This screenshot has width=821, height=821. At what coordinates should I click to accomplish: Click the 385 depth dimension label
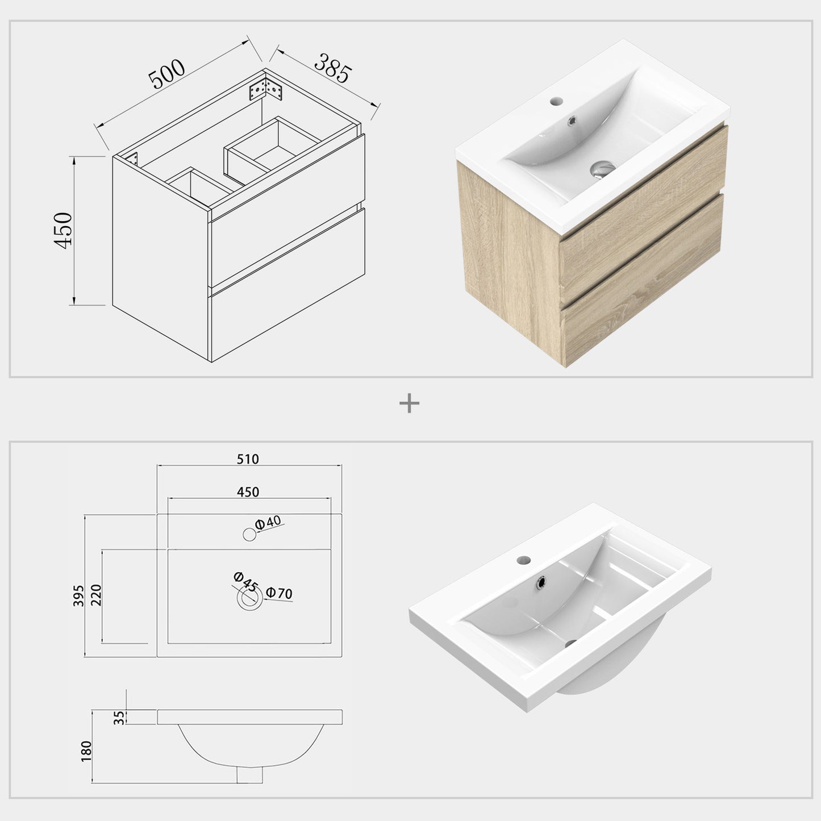coord(334,68)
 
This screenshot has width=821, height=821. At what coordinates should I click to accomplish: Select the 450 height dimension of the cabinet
coord(63,230)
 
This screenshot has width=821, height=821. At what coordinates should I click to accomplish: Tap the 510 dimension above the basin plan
coord(248,459)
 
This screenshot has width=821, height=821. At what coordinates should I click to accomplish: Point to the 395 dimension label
coord(79,595)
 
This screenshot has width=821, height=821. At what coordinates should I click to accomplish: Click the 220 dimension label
coord(96,596)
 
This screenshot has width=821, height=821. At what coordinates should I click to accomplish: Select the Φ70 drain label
coord(279,593)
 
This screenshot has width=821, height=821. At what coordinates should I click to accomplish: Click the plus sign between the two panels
coord(409,404)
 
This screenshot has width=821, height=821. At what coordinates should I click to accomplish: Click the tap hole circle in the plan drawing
coord(249,534)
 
